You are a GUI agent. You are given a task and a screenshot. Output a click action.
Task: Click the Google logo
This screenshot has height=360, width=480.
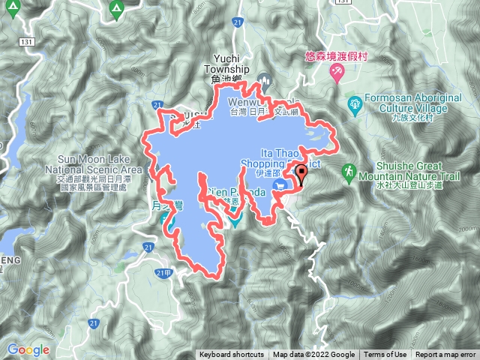pyautogui.click(x=28, y=349)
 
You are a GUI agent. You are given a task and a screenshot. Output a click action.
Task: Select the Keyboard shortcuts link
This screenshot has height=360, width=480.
pyautogui.click(x=232, y=355)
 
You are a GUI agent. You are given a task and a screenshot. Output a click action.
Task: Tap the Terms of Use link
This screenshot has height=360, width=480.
pyautogui.click(x=385, y=355)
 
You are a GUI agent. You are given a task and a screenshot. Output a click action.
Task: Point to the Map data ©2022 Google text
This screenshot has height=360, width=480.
pyautogui.click(x=313, y=355)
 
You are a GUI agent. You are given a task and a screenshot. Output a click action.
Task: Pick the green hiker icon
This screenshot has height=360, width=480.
pyautogui.click(x=349, y=173)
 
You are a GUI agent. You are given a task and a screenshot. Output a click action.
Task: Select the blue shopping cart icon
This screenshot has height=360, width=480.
pyautogui.click(x=281, y=185)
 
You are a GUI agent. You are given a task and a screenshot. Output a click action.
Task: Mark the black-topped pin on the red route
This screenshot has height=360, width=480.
pyautogui.click(x=301, y=172)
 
